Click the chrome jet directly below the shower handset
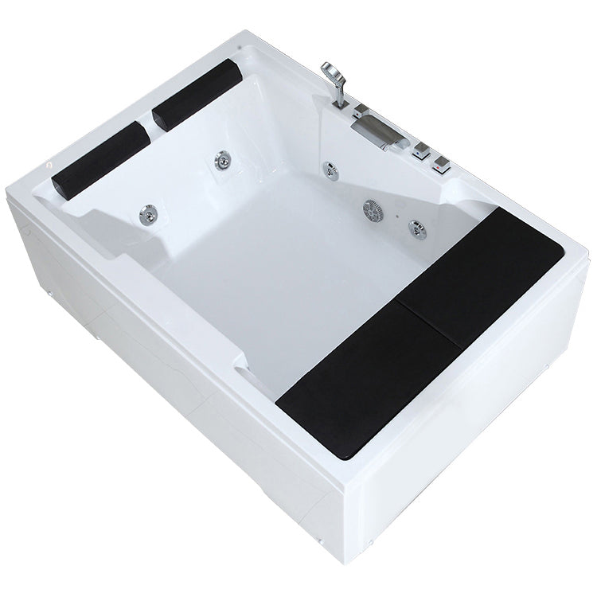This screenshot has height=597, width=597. point(327,169)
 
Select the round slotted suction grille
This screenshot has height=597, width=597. point(373,209)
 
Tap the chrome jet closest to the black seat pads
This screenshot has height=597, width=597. point(415,228)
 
